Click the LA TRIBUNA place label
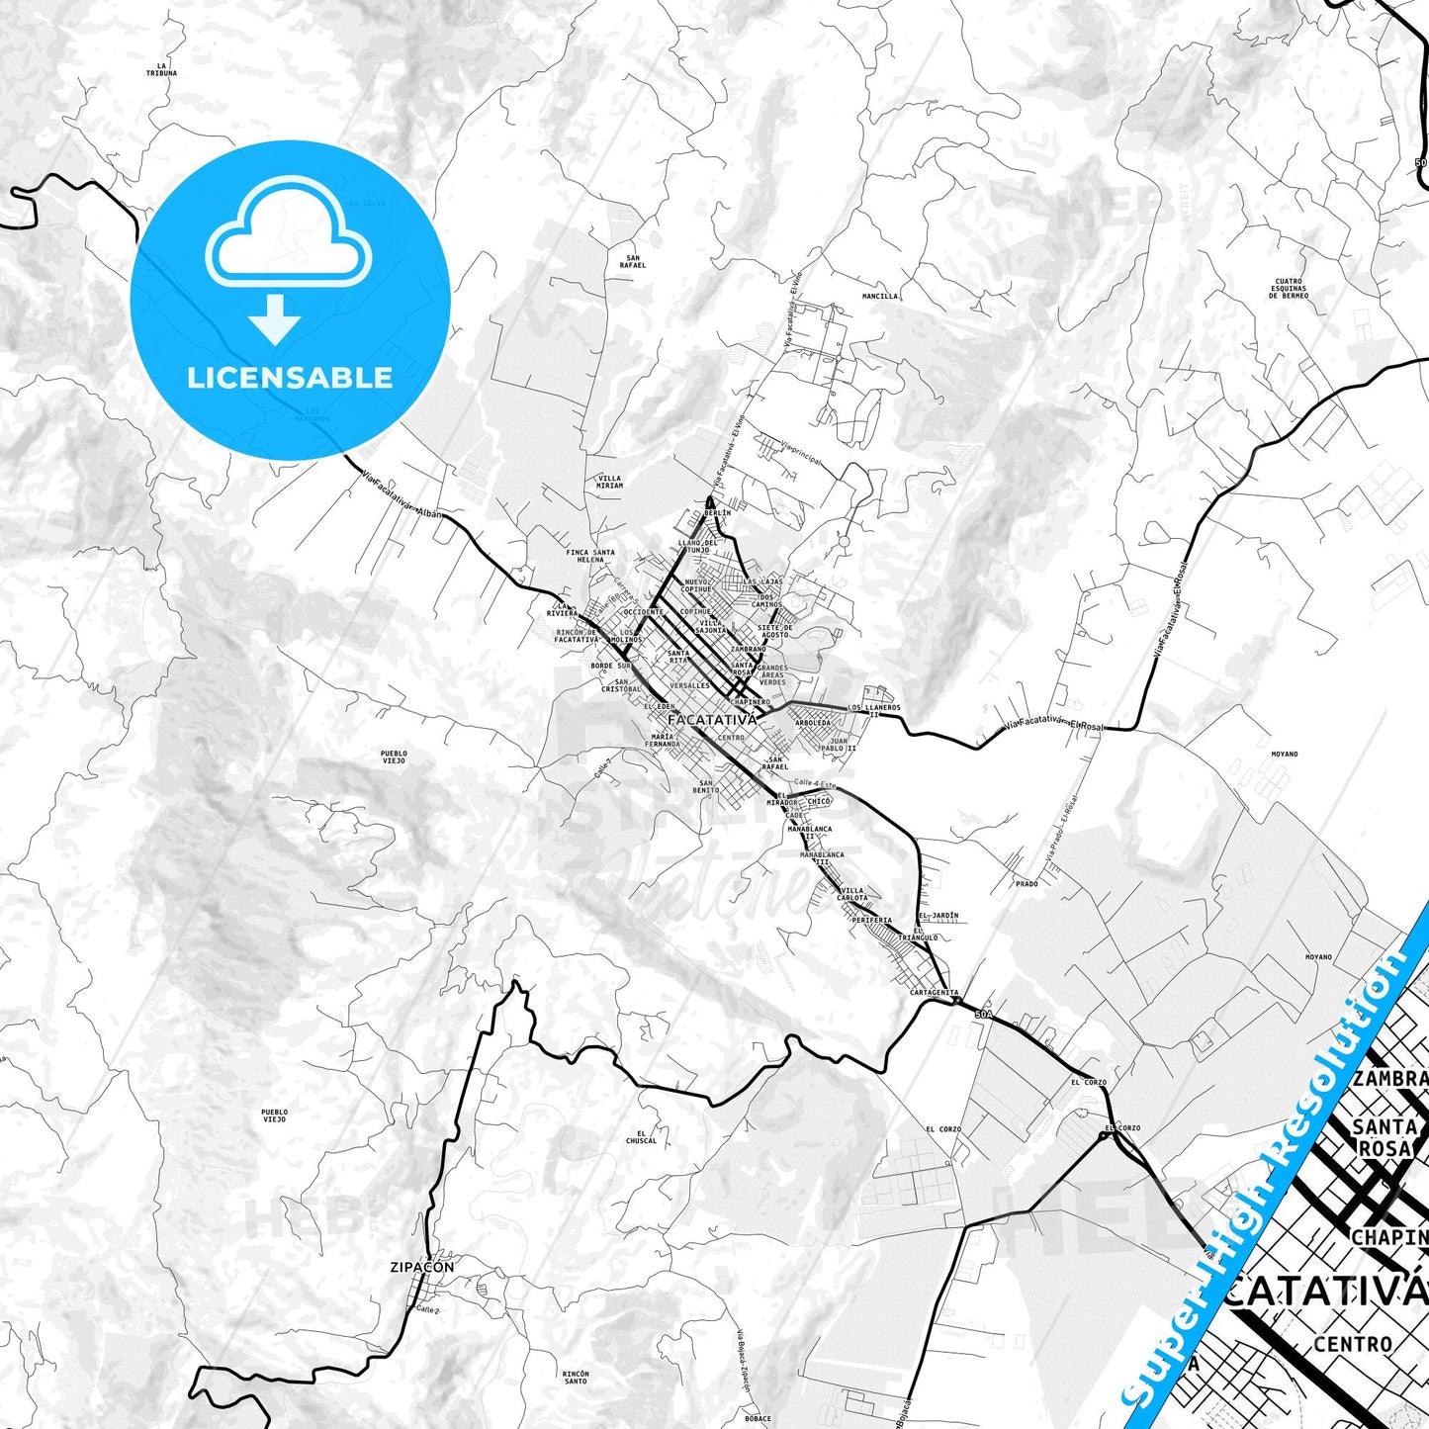(161, 69)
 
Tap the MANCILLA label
(880, 296)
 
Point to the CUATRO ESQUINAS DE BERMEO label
(1290, 288)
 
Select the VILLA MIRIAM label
(609, 482)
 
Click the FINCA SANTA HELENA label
(590, 556)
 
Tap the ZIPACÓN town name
(422, 1267)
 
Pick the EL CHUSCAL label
(641, 1137)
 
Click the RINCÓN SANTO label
(575, 1377)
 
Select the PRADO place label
(1027, 884)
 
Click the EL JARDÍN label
(938, 916)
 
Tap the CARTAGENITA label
(934, 992)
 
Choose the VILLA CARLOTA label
(851, 894)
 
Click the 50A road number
(982, 1015)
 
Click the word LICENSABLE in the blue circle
(290, 377)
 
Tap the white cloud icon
(288, 235)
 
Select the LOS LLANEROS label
(874, 709)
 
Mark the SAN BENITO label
(706, 786)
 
